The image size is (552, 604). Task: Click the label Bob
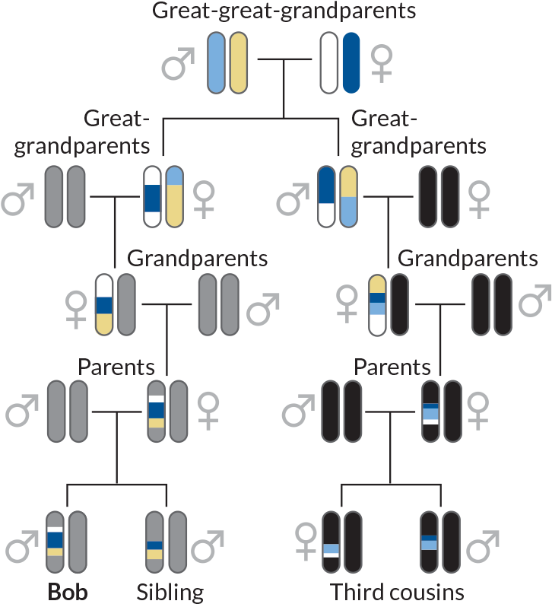(x=66, y=592)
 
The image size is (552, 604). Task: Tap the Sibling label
(x=170, y=592)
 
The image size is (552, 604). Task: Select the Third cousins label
(x=396, y=592)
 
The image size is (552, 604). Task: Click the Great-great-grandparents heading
(x=284, y=11)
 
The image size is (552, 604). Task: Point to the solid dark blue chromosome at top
(x=351, y=62)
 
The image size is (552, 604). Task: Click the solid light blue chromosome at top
(x=217, y=62)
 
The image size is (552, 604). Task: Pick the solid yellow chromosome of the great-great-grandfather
(x=238, y=62)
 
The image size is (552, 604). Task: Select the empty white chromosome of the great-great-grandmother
(x=329, y=62)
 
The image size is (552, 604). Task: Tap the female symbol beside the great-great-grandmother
(x=382, y=63)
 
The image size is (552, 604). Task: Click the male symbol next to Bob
(x=22, y=545)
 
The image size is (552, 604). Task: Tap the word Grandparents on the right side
(x=468, y=258)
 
